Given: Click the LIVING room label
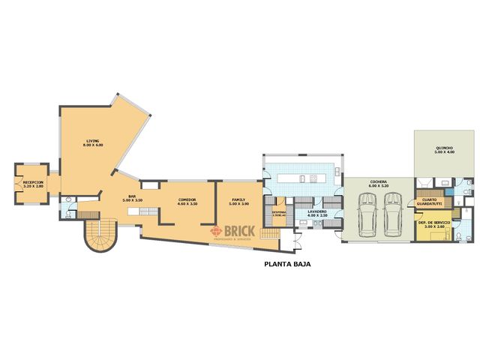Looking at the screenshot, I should tap(93, 140).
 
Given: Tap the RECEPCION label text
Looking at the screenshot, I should tap(33, 182).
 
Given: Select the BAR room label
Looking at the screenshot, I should tap(131, 196).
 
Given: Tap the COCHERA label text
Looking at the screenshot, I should tap(377, 181).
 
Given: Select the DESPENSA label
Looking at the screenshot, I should tap(279, 212).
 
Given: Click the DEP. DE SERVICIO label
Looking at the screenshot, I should tap(434, 223).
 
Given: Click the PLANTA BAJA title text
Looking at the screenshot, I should tap(287, 264).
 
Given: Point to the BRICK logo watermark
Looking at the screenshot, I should tap(233, 232).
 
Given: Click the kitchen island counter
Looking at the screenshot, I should tap(303, 178).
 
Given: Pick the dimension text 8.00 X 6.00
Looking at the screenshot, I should tap(93, 145).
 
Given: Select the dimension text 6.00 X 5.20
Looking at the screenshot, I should tap(377, 186).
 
